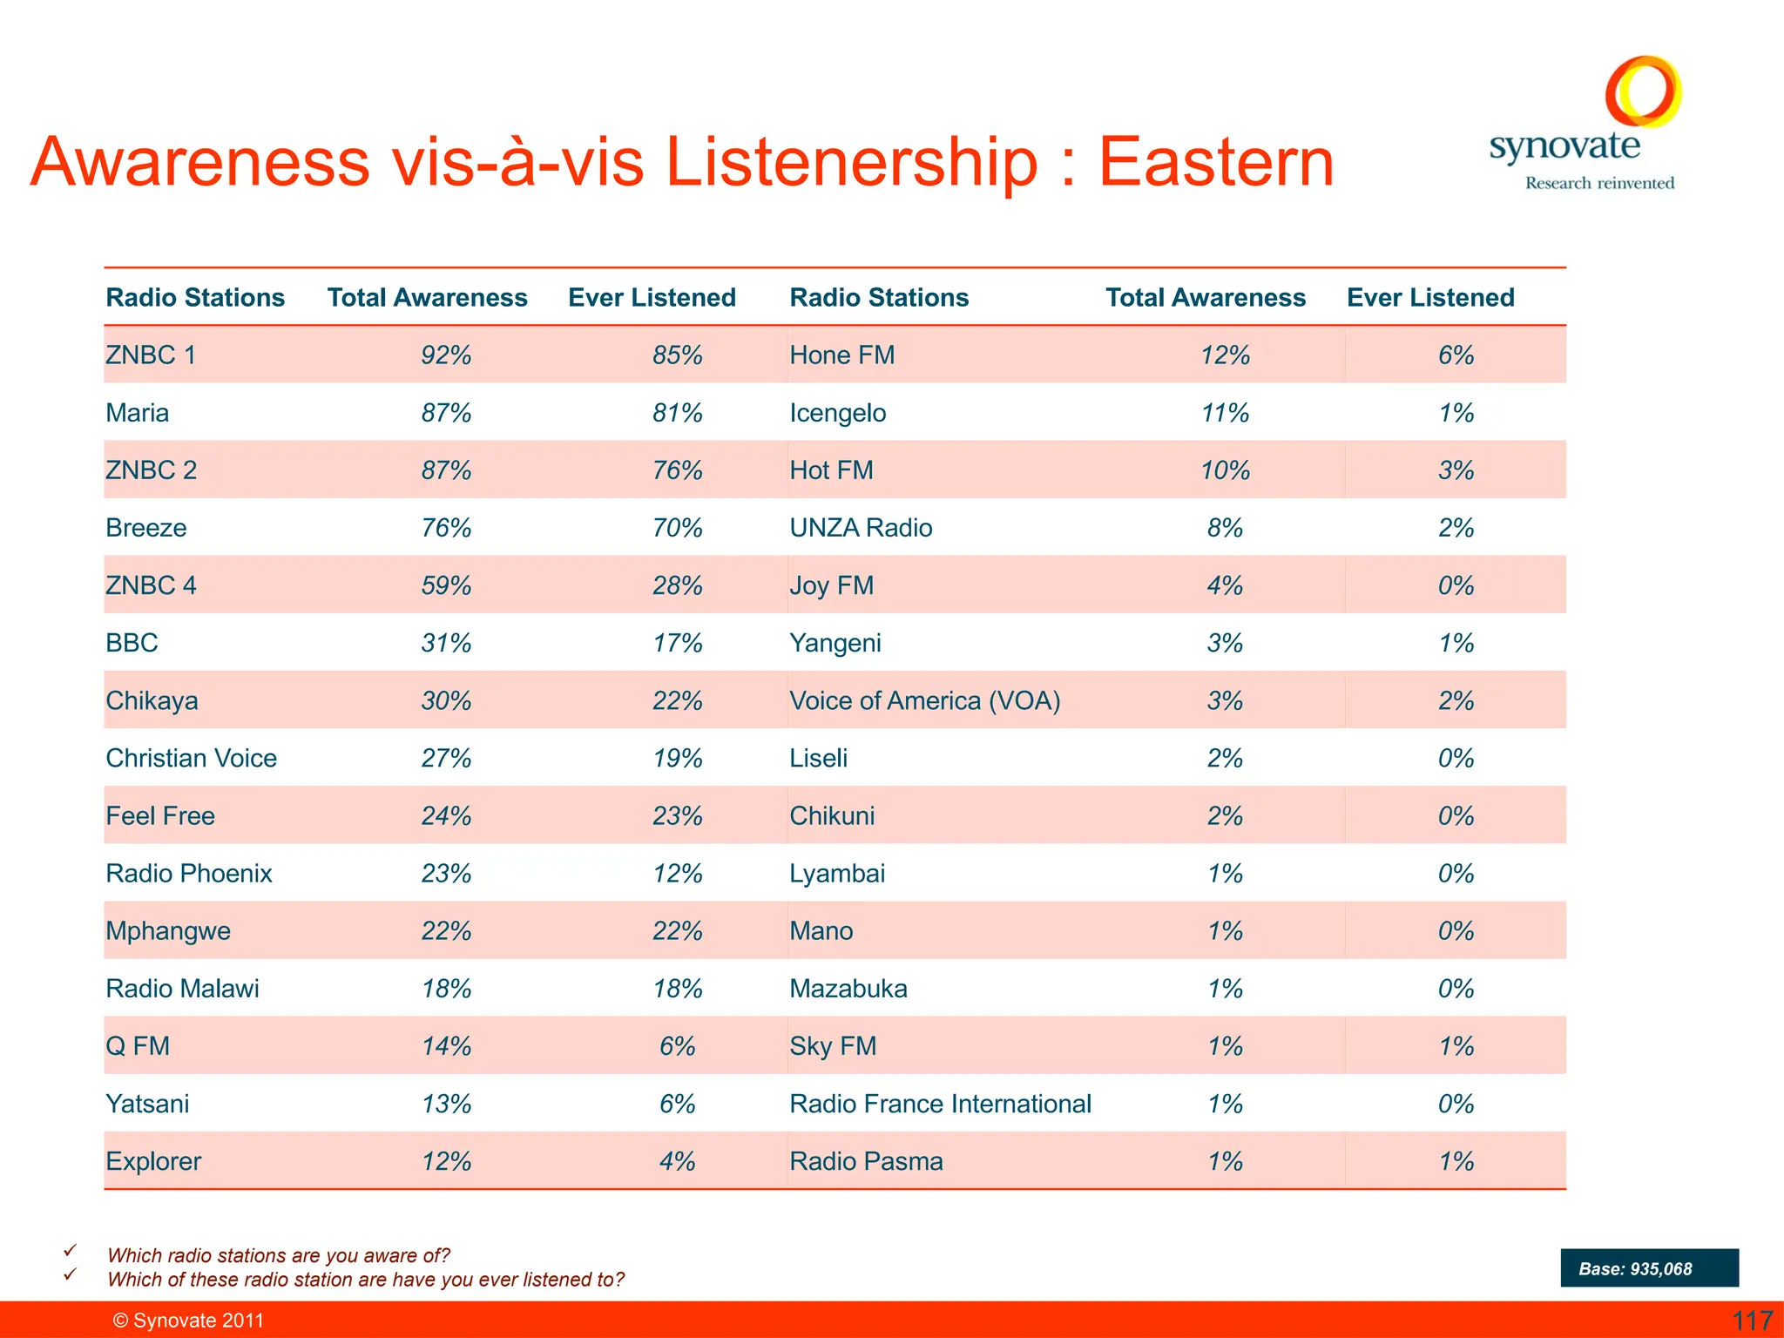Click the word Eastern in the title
[x=1216, y=163]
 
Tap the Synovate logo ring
[x=1643, y=91]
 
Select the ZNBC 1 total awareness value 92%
[x=446, y=355]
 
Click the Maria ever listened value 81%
[x=677, y=413]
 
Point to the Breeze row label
[x=146, y=528]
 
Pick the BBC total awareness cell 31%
[x=446, y=643]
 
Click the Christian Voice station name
[x=192, y=758]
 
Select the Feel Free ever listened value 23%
[x=677, y=816]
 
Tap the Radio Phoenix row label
[x=189, y=874]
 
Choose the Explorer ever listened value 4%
[x=677, y=1161]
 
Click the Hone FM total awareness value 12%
[x=1225, y=355]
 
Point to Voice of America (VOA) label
[x=924, y=700]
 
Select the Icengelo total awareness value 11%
[x=1225, y=413]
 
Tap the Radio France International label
[x=940, y=1104]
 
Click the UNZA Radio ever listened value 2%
[x=1456, y=528]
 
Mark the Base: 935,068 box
[x=1649, y=1268]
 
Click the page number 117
[x=1752, y=1321]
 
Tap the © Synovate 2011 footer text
[x=188, y=1321]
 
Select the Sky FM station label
[x=833, y=1046]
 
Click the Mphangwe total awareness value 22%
[x=446, y=931]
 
